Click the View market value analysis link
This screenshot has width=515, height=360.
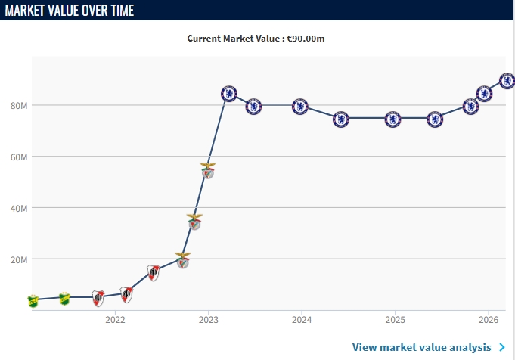click(x=421, y=347)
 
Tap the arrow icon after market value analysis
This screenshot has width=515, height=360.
click(x=502, y=347)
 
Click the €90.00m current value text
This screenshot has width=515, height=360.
click(x=308, y=38)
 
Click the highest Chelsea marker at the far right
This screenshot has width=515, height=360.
click(x=507, y=81)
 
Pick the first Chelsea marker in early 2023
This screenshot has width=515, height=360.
click(x=229, y=94)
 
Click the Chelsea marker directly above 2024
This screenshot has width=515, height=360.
click(x=300, y=107)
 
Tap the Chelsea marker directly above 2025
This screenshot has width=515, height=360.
click(x=392, y=119)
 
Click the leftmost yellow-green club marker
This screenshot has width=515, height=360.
click(x=33, y=301)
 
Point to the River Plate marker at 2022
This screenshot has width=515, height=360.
click(x=126, y=294)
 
